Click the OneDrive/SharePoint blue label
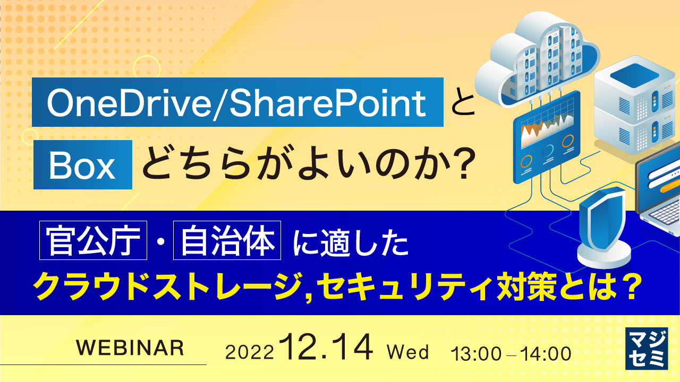pyautogui.click(x=237, y=102)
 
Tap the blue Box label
pyautogui.click(x=82, y=165)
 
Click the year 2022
pyautogui.click(x=250, y=352)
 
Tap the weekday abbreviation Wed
pyautogui.click(x=408, y=352)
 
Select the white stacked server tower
pyautogui.click(x=630, y=109)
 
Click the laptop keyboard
pyautogui.click(x=661, y=214)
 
